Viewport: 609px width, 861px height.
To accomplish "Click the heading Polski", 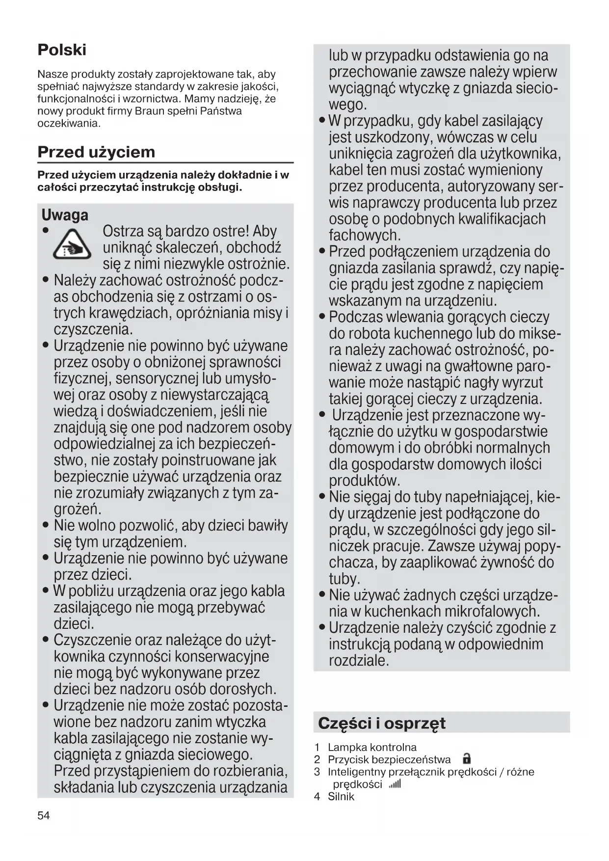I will click(x=62, y=50).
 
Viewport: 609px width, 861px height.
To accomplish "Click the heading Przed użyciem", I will click(x=96, y=152).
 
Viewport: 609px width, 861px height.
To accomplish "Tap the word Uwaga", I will click(x=65, y=215).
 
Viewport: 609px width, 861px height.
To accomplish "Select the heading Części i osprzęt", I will click(x=382, y=723).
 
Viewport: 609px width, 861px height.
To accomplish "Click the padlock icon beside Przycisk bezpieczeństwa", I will click(x=467, y=759).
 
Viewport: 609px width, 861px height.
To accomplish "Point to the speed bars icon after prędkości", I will click(x=395, y=784).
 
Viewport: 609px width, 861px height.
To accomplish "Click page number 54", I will click(x=44, y=815).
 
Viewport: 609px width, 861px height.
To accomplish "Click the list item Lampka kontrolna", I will click(x=372, y=747).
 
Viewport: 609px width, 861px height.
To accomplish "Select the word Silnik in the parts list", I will click(x=341, y=796).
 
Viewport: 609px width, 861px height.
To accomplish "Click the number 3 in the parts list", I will click(x=317, y=772).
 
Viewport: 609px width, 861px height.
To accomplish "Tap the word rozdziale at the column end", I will click(x=358, y=661).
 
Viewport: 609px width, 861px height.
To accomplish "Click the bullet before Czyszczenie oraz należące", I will click(x=46, y=640).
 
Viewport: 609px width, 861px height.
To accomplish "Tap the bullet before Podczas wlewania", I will click(x=322, y=317).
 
